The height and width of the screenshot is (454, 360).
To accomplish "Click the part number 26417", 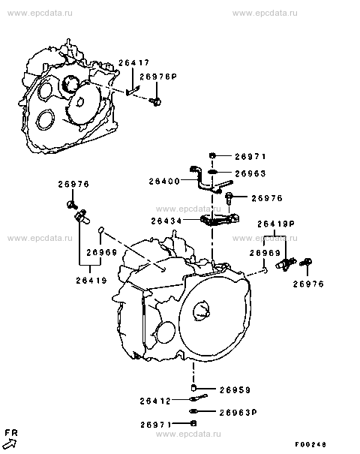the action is point(133,62).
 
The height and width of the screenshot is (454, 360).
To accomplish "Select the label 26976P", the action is point(158,77).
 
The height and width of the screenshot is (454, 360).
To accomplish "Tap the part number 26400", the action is point(164,182).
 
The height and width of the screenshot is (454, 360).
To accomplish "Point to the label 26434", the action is point(166,221).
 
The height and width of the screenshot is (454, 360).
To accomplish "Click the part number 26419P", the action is point(276,224).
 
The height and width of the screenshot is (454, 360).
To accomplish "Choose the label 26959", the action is point(235,389).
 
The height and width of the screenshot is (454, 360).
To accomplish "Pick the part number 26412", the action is point(156,401).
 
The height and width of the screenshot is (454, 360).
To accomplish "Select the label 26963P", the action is point(238,412).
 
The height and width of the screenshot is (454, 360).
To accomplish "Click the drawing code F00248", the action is point(310,444).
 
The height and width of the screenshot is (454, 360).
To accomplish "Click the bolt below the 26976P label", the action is point(155,101).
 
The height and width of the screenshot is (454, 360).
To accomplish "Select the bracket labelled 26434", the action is point(220,219).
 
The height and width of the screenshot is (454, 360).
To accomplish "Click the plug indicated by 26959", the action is point(193,388).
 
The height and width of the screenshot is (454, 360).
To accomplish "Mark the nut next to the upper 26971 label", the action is point(212,156).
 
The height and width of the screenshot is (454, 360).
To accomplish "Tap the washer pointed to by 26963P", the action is point(193,411).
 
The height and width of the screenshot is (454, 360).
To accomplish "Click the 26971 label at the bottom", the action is point(156,425).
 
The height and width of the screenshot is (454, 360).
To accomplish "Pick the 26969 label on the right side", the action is point(265,253).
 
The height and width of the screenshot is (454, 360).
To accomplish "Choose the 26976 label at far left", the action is point(73,184).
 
